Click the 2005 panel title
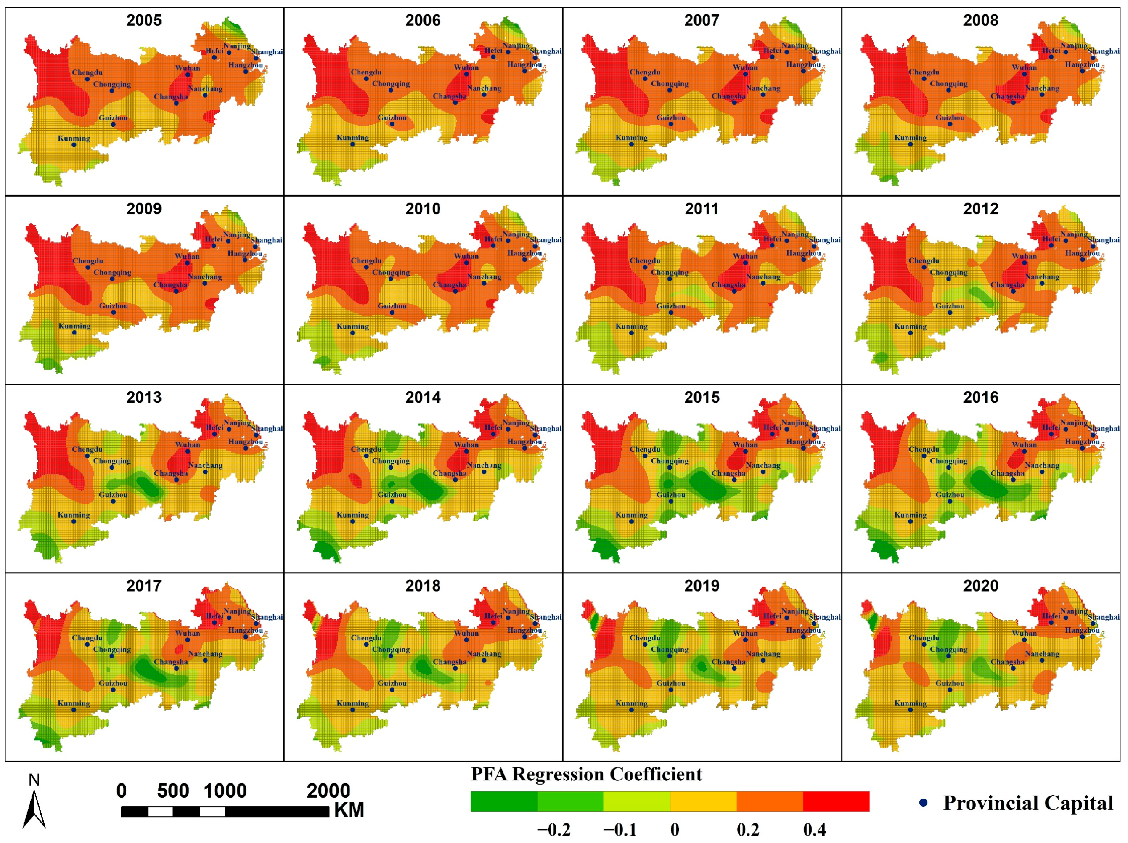tap(144, 21)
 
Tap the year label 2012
tap(980, 209)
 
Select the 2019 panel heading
tap(701, 585)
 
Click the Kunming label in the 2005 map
tap(74, 138)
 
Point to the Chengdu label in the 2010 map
tap(366, 261)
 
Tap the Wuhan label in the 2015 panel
tap(745, 445)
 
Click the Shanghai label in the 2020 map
tap(1103, 617)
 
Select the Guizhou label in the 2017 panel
tap(113, 683)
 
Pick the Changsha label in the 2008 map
tap(1007, 96)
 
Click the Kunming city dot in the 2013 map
tap(74, 521)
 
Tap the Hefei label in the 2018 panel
tap(493, 616)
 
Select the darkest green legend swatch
tap(503, 801)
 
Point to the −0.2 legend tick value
tap(553, 830)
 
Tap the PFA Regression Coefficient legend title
tap(586, 774)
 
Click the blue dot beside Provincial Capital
tap(922, 803)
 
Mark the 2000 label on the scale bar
tap(328, 791)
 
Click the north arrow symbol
tap(34, 808)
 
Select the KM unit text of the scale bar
tap(349, 810)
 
